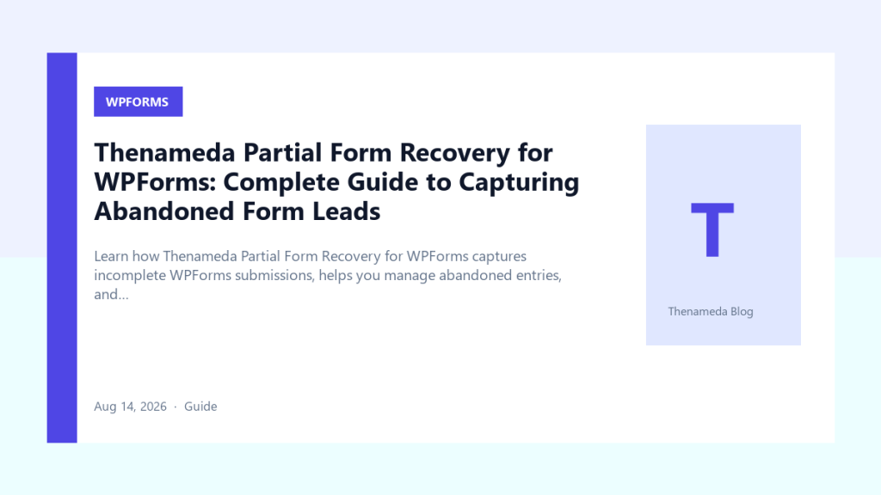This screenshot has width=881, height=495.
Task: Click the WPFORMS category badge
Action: tap(139, 101)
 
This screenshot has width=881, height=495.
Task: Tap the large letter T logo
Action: tap(712, 229)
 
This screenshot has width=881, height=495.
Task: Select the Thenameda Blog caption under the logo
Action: tap(710, 311)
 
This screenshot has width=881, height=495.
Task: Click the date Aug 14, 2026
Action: tap(131, 406)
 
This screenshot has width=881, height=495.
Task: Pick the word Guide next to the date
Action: tap(200, 406)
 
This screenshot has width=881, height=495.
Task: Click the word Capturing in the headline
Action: tap(519, 182)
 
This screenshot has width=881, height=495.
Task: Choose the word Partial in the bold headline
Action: tap(282, 153)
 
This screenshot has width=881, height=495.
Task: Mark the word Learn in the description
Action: tap(111, 256)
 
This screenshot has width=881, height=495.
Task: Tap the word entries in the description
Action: tap(539, 276)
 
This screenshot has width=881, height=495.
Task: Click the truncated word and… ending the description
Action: tap(111, 295)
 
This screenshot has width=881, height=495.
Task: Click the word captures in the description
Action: tap(499, 257)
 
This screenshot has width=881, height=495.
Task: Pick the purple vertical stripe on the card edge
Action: tap(62, 247)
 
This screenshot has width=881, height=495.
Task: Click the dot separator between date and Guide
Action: tap(176, 406)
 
